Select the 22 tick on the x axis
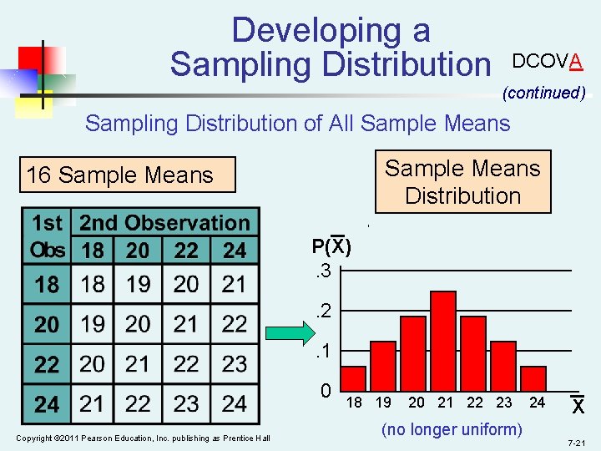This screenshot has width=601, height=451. [x=475, y=403]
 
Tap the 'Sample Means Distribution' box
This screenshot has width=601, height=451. [x=462, y=182]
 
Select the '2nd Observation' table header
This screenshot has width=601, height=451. [x=164, y=223]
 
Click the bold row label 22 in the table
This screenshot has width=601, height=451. [x=47, y=364]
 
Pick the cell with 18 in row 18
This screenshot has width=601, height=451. [x=93, y=285]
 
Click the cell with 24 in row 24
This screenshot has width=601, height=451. [x=234, y=403]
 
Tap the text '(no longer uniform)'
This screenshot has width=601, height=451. [x=452, y=429]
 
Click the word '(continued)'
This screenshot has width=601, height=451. [x=543, y=93]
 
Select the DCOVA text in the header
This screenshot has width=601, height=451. [x=547, y=61]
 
